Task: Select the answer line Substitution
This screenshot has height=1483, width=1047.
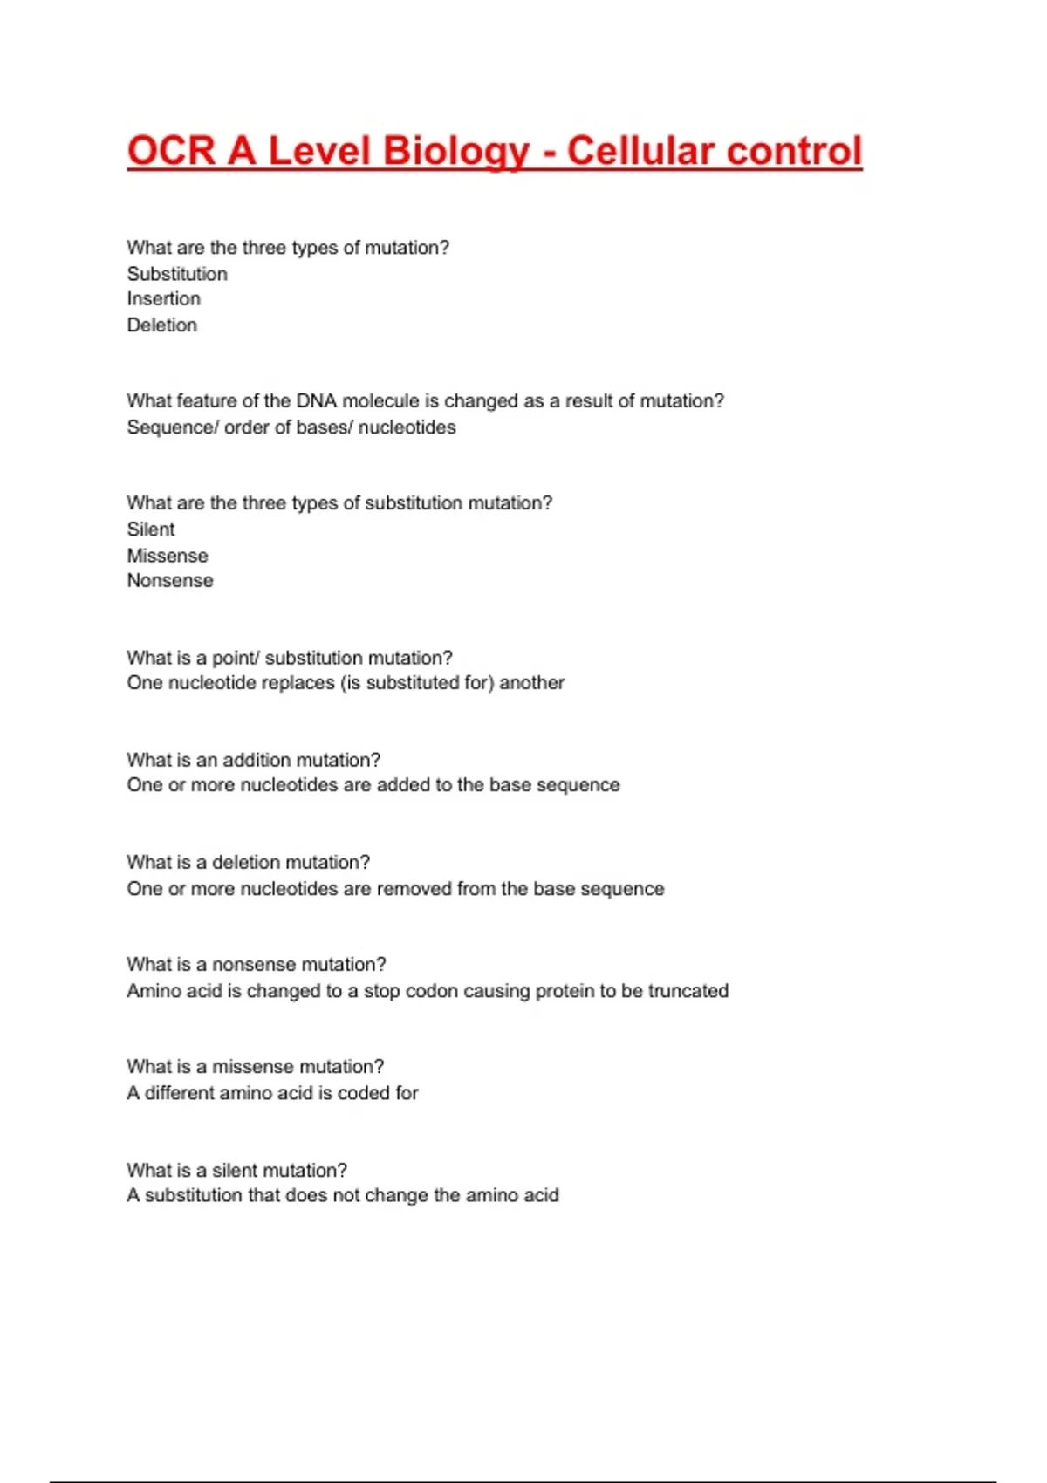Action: (177, 274)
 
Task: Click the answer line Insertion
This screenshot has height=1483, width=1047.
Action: (164, 299)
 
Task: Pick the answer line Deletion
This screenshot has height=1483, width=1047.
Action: (162, 325)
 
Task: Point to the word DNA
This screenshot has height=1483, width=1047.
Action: (316, 401)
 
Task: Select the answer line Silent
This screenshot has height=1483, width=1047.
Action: (151, 530)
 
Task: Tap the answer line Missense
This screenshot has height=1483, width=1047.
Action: (168, 556)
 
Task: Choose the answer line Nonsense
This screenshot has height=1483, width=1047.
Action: (170, 581)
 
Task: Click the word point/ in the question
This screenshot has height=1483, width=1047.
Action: (236, 658)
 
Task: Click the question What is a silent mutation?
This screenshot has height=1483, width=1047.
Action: (236, 1170)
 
